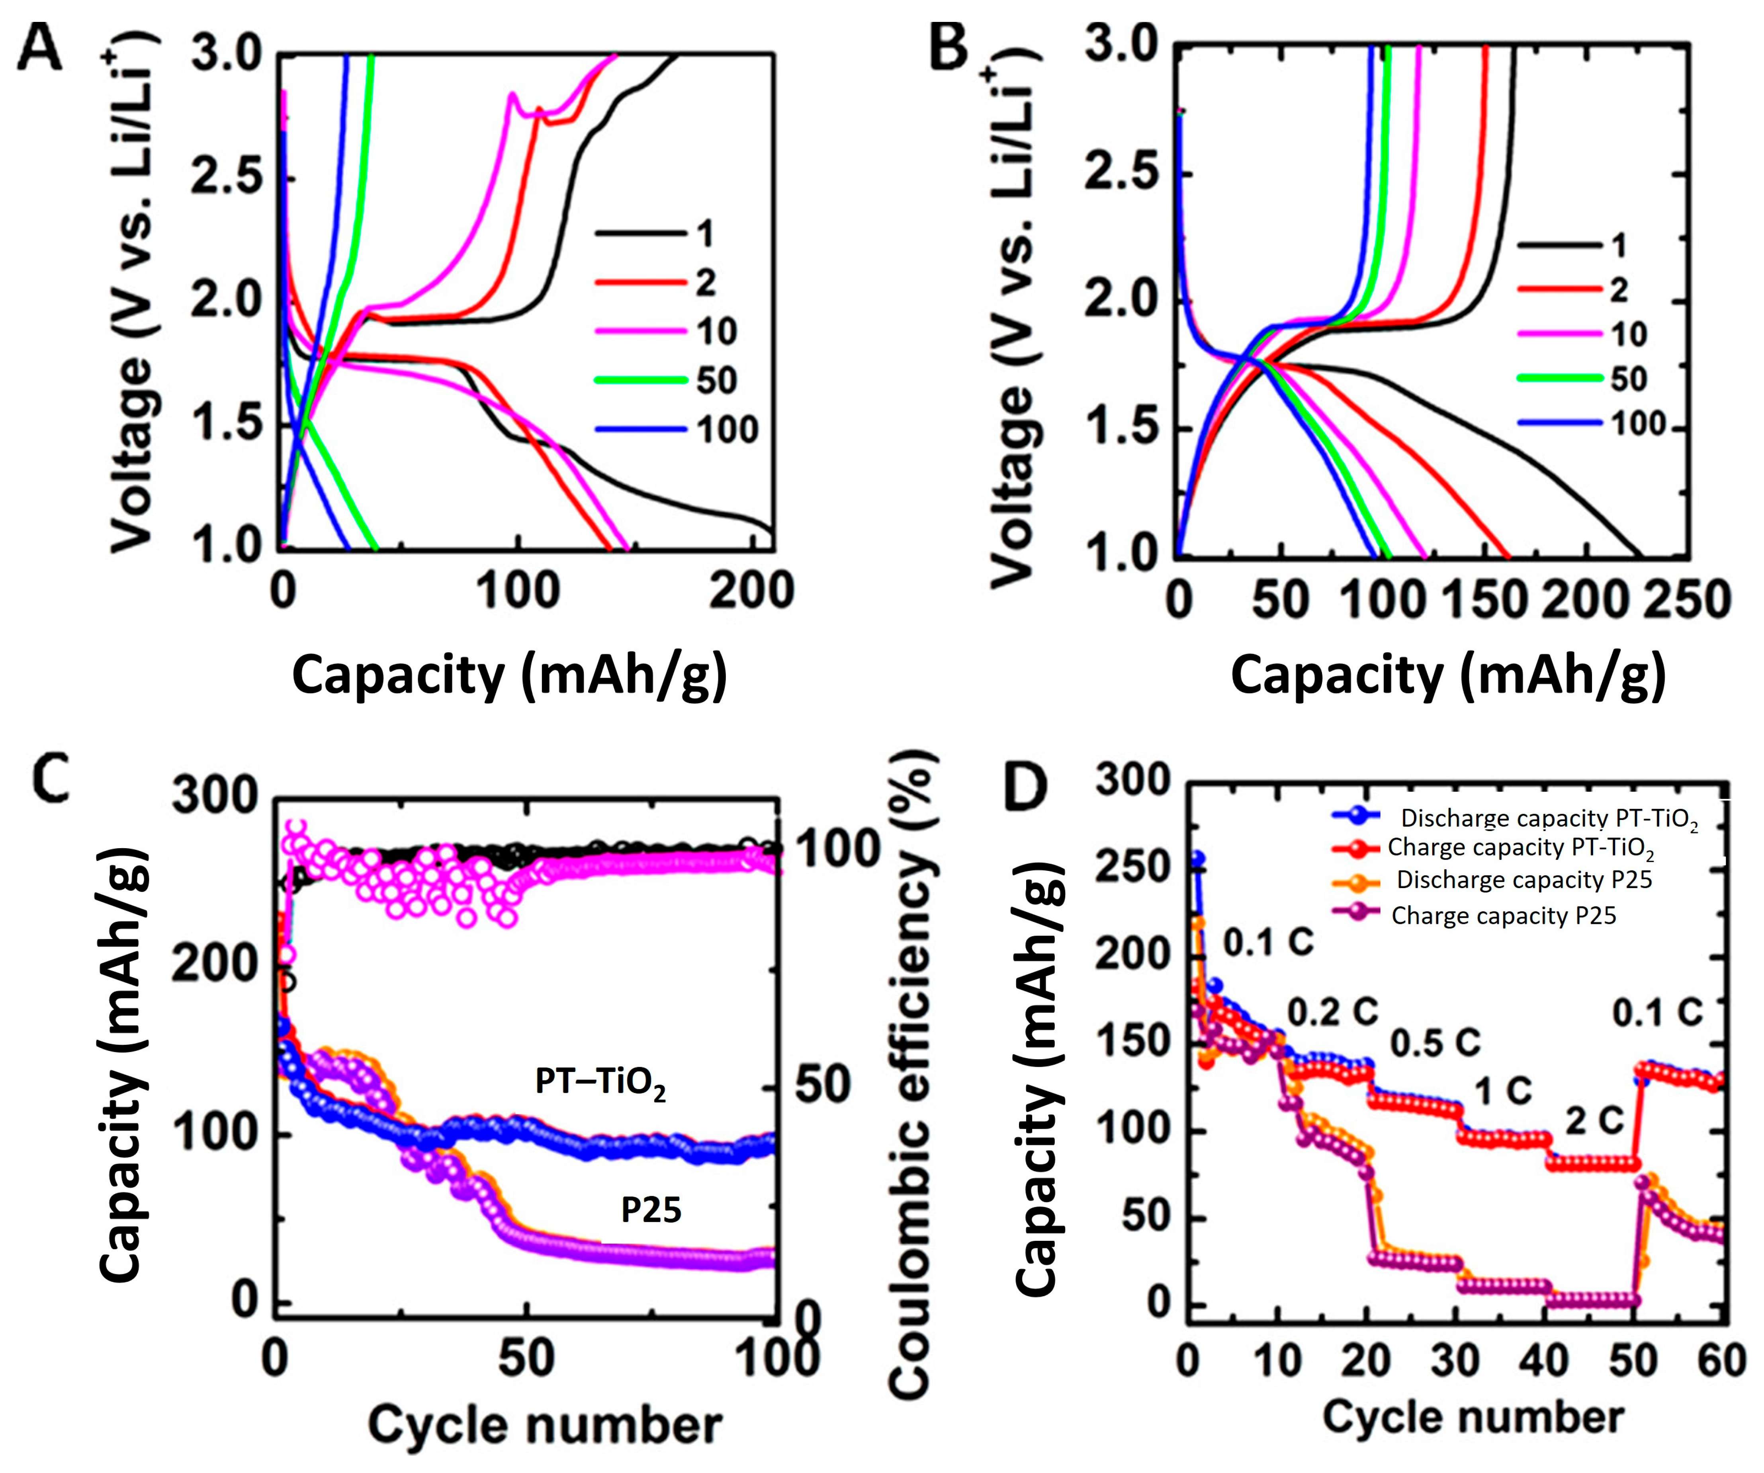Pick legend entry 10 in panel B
click(x=1628, y=335)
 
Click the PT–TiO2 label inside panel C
click(x=600, y=1082)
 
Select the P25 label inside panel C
click(x=651, y=1210)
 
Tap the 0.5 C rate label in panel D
click(x=1435, y=1043)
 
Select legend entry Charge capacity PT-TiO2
click(x=1520, y=848)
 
